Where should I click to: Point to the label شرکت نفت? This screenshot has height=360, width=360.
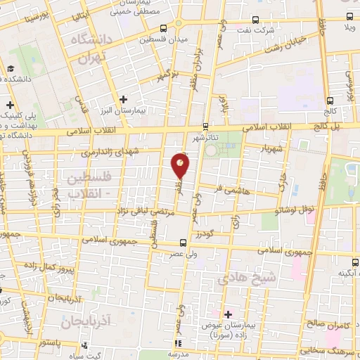tap(253, 32)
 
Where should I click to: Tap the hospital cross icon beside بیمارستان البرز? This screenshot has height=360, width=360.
tap(123, 100)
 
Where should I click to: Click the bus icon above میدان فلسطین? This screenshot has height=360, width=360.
tap(163, 28)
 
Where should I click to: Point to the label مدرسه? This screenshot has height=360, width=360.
tap(192, 354)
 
